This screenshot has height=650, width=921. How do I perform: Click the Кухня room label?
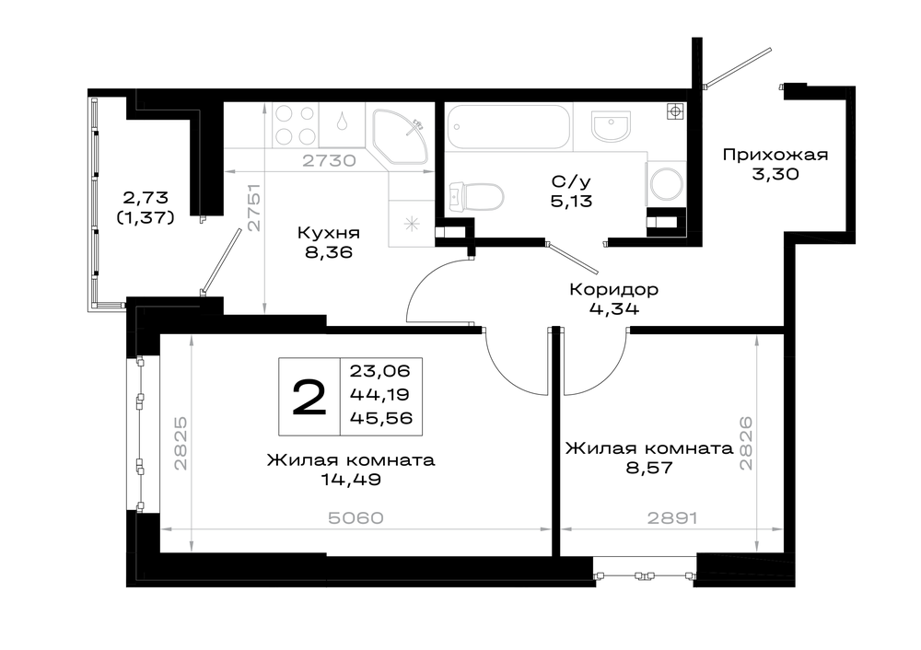329,233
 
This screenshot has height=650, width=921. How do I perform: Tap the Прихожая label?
775,155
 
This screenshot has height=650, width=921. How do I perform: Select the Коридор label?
613,289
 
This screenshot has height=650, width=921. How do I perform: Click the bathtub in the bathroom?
508,126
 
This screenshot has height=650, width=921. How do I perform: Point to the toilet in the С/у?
476,196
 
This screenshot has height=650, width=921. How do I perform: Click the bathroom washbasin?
611,125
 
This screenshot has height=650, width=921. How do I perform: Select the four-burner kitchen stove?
295,125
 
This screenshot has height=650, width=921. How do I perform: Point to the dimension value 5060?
356,518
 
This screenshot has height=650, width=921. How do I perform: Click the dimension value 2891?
672,518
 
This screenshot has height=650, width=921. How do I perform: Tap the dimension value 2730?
329,160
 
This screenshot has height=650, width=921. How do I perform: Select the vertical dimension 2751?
253,208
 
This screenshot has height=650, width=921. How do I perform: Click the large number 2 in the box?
309,397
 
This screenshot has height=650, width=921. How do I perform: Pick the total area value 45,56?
381,417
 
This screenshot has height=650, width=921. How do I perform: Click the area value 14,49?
351,480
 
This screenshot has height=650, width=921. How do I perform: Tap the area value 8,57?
649,468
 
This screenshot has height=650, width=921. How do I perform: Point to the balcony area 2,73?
146,197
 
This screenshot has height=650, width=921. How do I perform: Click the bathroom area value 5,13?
571,202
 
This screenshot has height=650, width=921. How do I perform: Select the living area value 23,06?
380,371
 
